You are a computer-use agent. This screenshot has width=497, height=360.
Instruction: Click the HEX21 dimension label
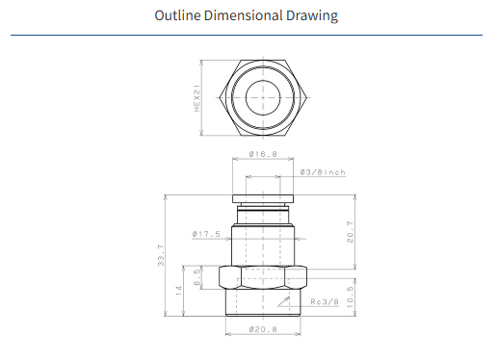pyautogui.click(x=196, y=98)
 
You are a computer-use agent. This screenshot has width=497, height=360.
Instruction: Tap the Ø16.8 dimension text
pyautogui.click(x=263, y=154)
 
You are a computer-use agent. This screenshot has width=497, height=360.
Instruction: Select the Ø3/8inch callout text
pyautogui.click(x=323, y=172)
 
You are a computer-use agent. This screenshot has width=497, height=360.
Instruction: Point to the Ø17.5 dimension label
pyautogui.click(x=206, y=234)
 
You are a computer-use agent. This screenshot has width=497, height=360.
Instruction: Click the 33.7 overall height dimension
pyautogui.click(x=161, y=255)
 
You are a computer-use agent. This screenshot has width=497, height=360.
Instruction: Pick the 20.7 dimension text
pyautogui.click(x=350, y=232)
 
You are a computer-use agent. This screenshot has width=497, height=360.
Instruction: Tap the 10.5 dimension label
pyautogui.click(x=350, y=296)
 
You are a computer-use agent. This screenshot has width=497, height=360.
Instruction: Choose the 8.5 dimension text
pyautogui.click(x=196, y=277)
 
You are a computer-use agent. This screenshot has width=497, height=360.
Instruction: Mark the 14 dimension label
pyautogui.click(x=179, y=291)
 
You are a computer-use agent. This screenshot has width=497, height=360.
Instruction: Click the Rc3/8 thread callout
pyautogui.click(x=325, y=302)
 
